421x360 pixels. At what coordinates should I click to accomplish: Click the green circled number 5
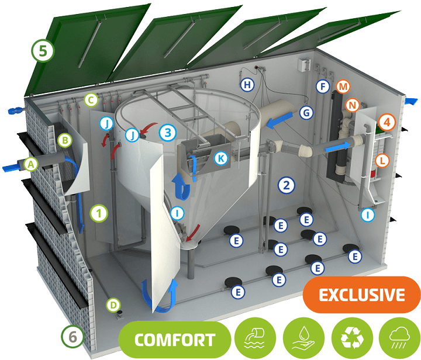point(43,51)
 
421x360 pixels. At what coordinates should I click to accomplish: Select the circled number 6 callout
point(73,337)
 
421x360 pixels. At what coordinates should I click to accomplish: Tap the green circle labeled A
point(31,164)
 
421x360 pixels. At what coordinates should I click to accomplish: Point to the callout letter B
point(65,140)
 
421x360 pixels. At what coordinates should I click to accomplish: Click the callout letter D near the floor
point(113,305)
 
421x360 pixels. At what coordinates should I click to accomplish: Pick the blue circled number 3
point(168,133)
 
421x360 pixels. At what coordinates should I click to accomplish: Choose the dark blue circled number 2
point(287,185)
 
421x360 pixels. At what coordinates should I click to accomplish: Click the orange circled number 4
point(387,122)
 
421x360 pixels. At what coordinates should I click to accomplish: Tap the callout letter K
point(221,158)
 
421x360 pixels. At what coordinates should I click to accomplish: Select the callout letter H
point(247,85)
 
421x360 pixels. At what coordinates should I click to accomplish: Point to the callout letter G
point(306,113)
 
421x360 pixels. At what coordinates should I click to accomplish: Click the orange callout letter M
point(343,86)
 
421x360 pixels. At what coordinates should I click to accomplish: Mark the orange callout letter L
point(382,161)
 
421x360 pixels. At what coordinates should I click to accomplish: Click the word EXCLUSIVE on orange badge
point(362,295)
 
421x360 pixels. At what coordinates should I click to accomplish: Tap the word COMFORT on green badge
point(175,340)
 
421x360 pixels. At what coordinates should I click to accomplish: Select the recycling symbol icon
point(352,338)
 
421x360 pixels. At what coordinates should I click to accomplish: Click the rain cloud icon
point(400,338)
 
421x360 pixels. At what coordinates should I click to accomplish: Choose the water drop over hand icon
point(303,338)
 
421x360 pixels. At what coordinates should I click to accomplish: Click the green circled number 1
point(99,213)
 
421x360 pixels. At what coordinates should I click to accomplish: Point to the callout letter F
point(323,86)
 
